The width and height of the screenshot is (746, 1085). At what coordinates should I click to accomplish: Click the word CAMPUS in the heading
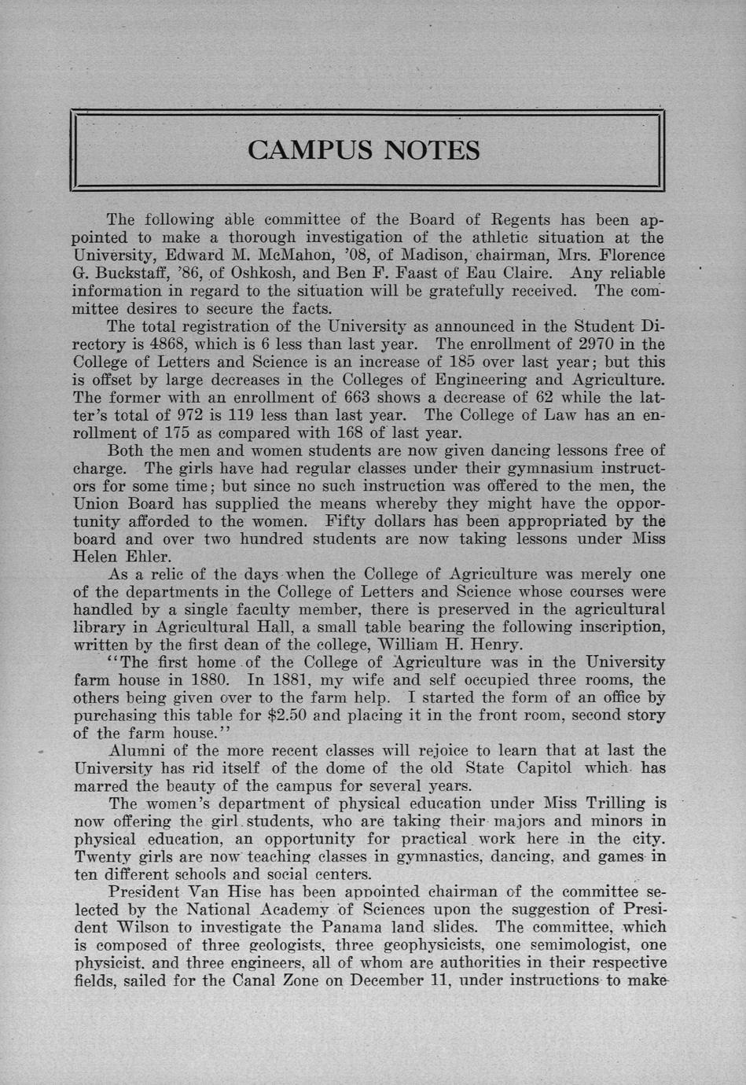[x=307, y=150]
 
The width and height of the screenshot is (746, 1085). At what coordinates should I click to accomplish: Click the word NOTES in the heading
[x=432, y=150]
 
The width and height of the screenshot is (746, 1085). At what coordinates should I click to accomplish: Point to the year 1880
[x=208, y=679]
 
